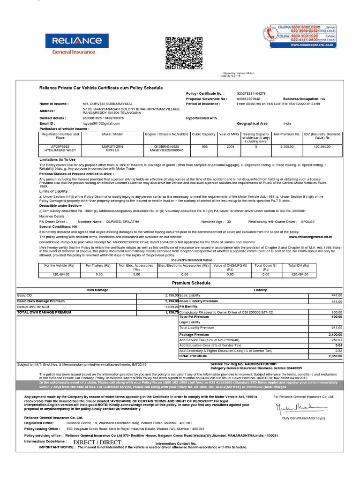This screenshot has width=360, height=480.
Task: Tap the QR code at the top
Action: click(x=181, y=52)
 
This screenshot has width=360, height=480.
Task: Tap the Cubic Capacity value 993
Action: click(x=204, y=147)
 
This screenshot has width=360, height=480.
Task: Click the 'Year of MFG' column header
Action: click(x=229, y=134)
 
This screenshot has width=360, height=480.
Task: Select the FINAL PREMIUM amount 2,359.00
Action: click(x=335, y=356)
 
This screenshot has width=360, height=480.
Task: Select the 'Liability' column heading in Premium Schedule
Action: click(x=260, y=290)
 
